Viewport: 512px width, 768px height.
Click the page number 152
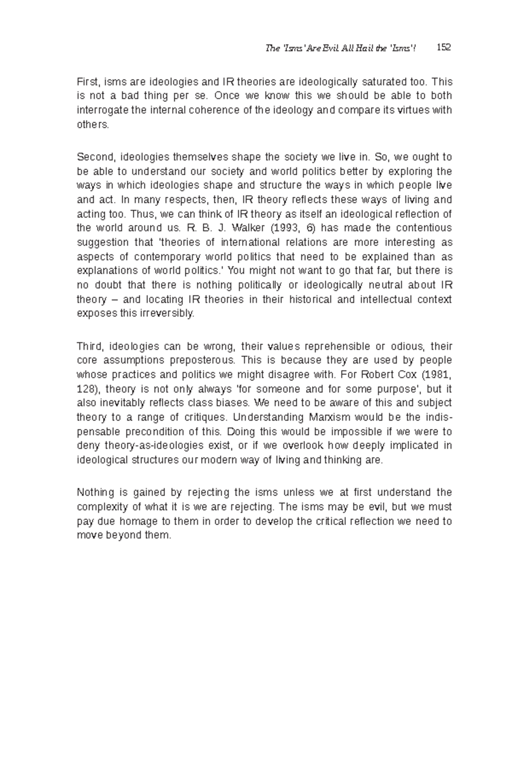pyautogui.click(x=444, y=47)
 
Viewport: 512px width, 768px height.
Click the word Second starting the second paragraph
pyautogui.click(x=95, y=157)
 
